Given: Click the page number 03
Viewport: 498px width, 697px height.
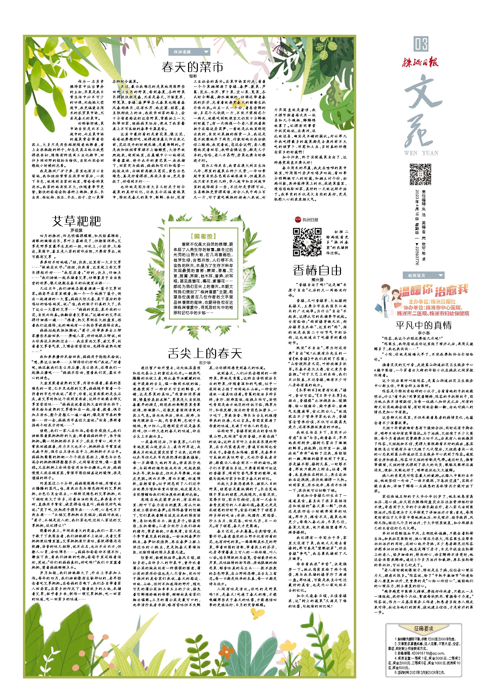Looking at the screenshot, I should (x=421, y=44).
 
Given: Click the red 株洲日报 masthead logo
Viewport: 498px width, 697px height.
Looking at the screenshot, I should (x=420, y=62).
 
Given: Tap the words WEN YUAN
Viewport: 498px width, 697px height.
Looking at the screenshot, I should (x=421, y=153).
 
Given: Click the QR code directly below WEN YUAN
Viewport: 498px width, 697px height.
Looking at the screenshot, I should (x=420, y=174).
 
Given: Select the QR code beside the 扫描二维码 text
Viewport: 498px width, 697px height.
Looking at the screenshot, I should (x=307, y=242).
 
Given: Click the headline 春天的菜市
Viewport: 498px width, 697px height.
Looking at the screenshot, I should (x=192, y=67).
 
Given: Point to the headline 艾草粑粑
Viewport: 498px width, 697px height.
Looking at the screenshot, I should (x=77, y=222).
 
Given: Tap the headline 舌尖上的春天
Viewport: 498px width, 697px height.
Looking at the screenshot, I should (x=205, y=353).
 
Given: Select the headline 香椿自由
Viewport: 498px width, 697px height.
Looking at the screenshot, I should (x=317, y=270).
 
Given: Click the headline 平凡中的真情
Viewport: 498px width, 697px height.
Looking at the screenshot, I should (x=423, y=325).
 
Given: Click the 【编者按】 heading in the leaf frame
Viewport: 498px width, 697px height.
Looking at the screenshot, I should (x=203, y=236).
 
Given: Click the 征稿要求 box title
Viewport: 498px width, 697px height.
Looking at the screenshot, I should (x=424, y=628).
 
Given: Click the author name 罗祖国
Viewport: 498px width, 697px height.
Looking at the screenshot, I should (x=76, y=230).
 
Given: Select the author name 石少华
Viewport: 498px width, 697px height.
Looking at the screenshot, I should (x=205, y=362).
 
